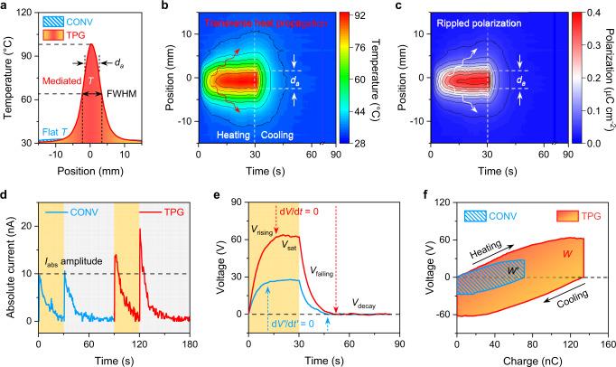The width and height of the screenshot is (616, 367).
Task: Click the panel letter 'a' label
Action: pyautogui.click(x=5, y=7)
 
